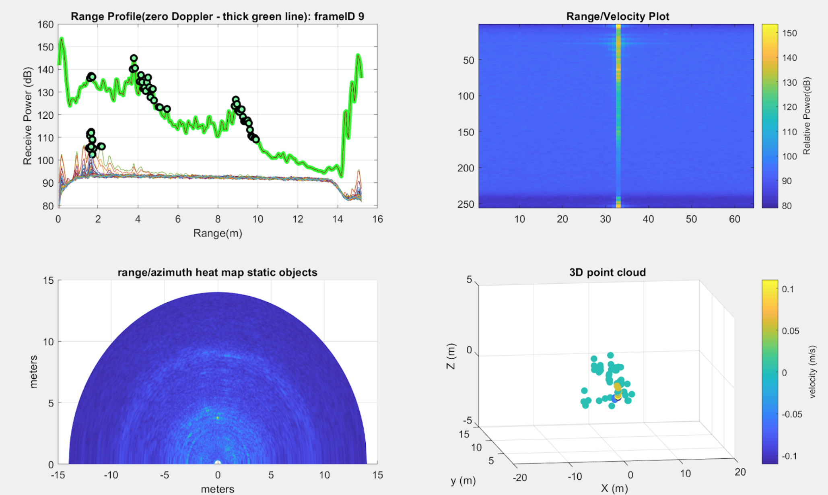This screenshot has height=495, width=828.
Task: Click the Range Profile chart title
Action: click(217, 16)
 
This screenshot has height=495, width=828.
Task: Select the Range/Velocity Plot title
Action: click(618, 16)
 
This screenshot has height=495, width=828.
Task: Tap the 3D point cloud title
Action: click(608, 272)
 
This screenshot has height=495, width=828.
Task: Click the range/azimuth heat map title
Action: click(217, 272)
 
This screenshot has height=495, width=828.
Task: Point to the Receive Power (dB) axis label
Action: click(27, 116)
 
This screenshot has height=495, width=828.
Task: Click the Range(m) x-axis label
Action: click(218, 233)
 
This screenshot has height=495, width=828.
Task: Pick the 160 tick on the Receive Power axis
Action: click(45, 25)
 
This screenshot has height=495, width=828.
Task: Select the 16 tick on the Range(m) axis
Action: click(377, 219)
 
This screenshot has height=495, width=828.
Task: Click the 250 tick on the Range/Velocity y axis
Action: click(466, 204)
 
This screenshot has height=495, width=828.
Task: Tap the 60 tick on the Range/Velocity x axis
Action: click(734, 219)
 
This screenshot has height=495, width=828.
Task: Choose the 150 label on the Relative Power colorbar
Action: click(789, 33)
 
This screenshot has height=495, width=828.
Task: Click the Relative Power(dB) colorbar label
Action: click(806, 116)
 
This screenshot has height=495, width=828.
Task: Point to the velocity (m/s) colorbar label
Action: click(813, 371)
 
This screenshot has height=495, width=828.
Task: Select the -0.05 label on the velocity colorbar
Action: click(791, 415)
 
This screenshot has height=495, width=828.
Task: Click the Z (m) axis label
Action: click(451, 356)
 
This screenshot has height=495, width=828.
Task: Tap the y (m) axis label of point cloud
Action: click(463, 481)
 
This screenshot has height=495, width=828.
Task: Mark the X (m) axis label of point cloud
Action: click(614, 489)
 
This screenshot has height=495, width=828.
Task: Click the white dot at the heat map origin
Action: click(218, 463)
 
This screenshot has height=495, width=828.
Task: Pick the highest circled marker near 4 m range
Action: click(134, 58)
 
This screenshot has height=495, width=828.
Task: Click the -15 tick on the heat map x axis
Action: click(58, 475)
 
